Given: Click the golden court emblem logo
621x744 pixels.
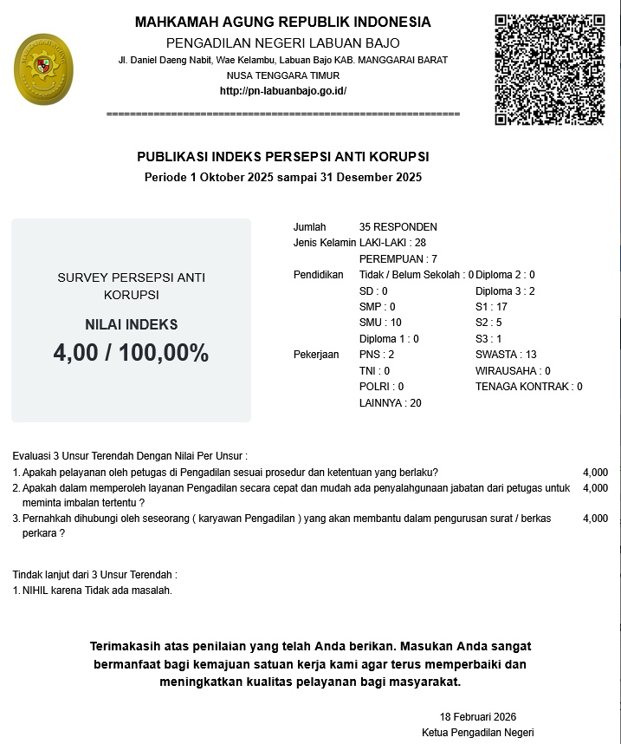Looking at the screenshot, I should tap(44, 69).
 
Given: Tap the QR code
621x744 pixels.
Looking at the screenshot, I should tap(549, 69).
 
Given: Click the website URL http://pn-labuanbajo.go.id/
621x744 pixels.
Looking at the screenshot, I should tap(283, 91).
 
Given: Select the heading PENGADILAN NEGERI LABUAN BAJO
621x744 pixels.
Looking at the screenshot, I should tap(283, 43).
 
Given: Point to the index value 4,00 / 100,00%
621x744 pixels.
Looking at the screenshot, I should tap(131, 353).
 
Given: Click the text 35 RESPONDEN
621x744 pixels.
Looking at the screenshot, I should tap(398, 227).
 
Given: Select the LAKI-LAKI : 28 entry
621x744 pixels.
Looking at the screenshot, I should tap(392, 243).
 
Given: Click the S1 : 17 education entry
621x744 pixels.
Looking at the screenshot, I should tap(491, 307).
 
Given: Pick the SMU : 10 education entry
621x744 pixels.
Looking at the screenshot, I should tap(380, 323).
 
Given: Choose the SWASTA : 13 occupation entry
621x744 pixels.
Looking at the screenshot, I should tap(506, 355).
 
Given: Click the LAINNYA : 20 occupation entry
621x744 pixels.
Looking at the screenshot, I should tap(390, 403).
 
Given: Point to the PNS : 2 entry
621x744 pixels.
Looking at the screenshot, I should tap(377, 355).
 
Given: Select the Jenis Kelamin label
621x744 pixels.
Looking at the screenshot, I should tap(325, 243).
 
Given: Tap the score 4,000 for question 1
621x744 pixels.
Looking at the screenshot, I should tap(596, 473).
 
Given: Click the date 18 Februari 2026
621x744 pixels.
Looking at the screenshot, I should tap(478, 717).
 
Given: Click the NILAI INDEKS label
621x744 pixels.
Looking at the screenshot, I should tap(131, 325).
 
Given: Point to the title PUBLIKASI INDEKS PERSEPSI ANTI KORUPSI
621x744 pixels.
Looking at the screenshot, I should tap(283, 157).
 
